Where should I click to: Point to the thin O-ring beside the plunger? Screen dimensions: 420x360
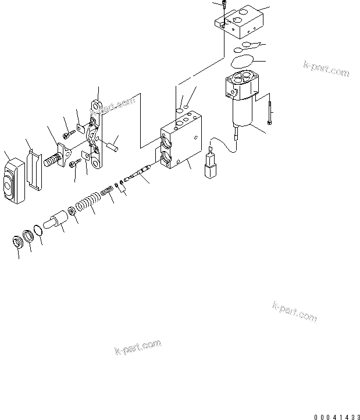[37, 232]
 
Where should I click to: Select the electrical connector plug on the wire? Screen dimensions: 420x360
[209, 167]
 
